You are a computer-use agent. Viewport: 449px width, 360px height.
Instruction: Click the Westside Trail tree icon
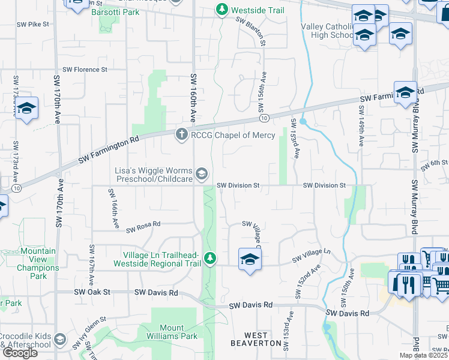222,10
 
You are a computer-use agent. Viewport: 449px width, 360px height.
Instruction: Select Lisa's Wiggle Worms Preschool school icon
202,175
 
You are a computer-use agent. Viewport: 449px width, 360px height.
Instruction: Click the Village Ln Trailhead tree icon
209,259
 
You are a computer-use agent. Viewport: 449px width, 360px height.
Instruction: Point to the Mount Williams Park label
163,332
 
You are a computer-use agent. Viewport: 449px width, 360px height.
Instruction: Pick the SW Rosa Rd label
143,226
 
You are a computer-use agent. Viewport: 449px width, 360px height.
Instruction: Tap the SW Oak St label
92,292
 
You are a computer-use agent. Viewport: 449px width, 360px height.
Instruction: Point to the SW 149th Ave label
361,126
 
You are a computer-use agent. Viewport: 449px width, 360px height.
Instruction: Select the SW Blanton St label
250,30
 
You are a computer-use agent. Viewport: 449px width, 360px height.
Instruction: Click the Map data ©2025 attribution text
423,355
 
